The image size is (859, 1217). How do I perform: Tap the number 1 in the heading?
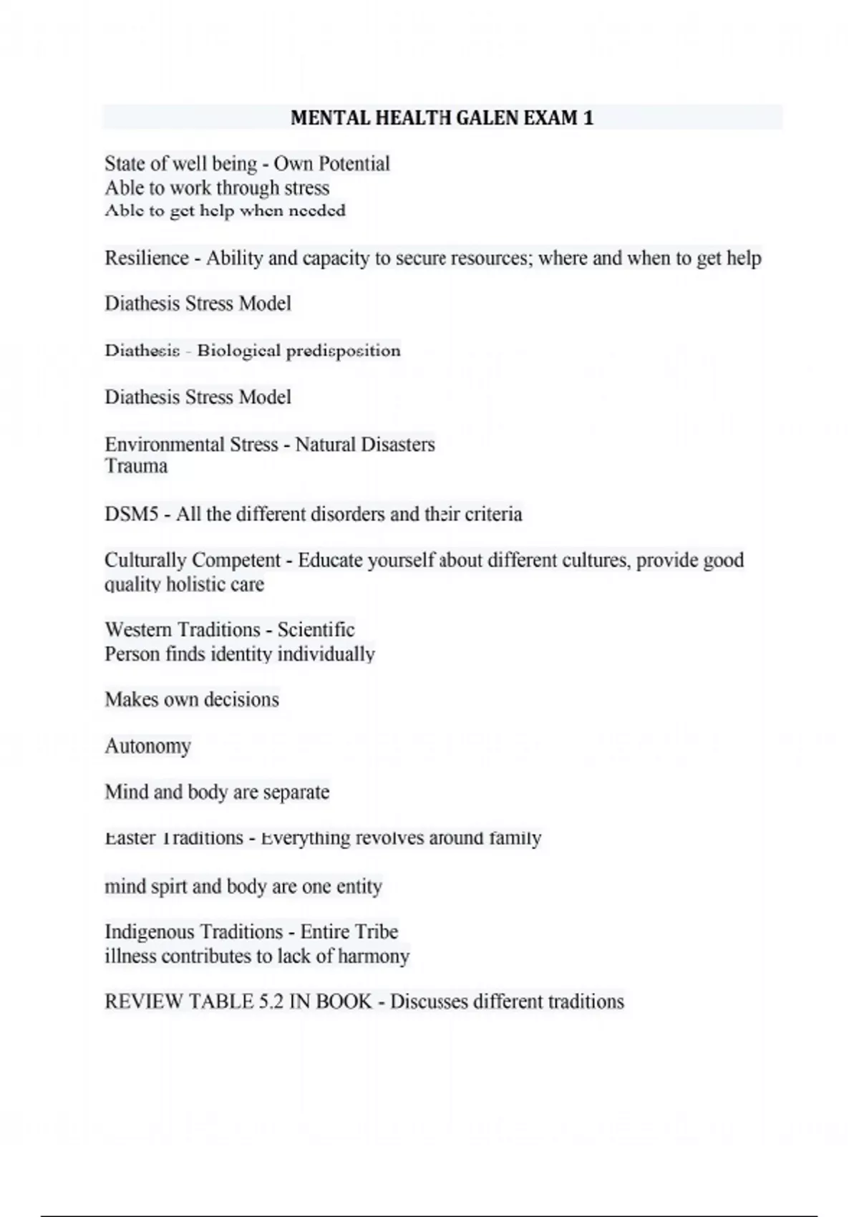(588, 117)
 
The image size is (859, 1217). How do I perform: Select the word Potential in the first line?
(354, 164)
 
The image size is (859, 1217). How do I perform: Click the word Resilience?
(147, 258)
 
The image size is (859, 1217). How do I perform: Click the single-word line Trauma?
(136, 466)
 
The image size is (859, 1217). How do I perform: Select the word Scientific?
(316, 630)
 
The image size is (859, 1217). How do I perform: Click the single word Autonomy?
(147, 746)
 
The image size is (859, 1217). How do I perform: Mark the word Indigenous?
(148, 932)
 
